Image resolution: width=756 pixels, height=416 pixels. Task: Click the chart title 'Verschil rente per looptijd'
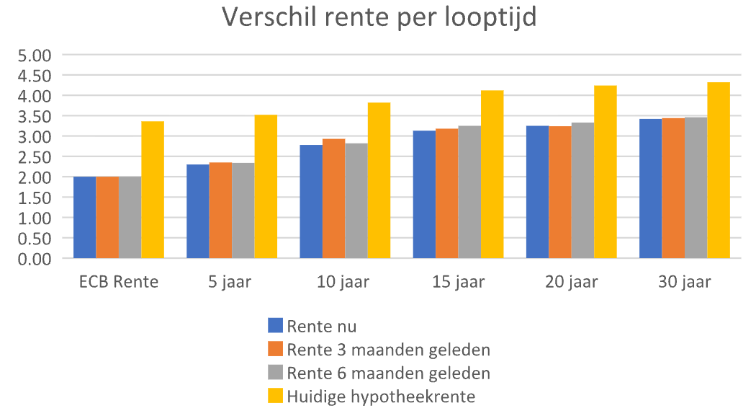pos(379,17)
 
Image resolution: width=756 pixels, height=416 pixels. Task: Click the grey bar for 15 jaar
pos(469,192)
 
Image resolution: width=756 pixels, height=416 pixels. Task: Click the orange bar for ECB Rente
pos(107,217)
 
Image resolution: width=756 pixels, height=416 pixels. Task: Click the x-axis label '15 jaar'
pos(458,282)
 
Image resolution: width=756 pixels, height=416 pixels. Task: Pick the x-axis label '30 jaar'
pos(684,282)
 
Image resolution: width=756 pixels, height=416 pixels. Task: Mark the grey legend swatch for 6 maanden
pos(275,373)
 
